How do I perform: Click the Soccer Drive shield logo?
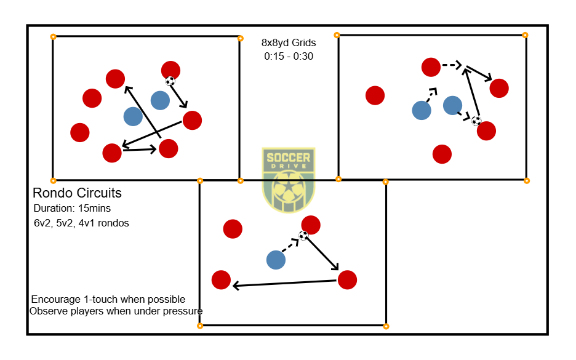click(x=288, y=180)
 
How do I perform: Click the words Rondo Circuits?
click(x=77, y=193)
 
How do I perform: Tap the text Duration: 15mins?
click(x=72, y=209)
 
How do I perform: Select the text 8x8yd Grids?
click(x=289, y=43)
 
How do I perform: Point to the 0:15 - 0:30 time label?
click(x=289, y=56)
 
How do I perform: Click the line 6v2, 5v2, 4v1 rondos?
click(x=81, y=223)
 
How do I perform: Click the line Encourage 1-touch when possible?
click(x=108, y=300)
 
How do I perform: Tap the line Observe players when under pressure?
click(x=116, y=311)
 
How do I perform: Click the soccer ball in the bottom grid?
click(x=303, y=236)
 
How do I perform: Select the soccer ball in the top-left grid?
click(x=170, y=81)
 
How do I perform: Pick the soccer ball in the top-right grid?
click(x=476, y=121)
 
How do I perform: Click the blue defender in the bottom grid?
click(x=276, y=260)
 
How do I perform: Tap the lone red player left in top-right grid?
click(x=375, y=95)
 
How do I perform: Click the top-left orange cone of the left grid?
click(x=53, y=37)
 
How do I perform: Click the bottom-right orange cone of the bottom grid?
click(x=386, y=326)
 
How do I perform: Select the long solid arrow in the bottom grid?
click(x=285, y=283)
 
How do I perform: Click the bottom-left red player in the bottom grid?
click(x=221, y=280)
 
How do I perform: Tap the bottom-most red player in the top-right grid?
click(x=442, y=154)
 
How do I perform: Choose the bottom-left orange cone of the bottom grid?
click(x=200, y=326)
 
